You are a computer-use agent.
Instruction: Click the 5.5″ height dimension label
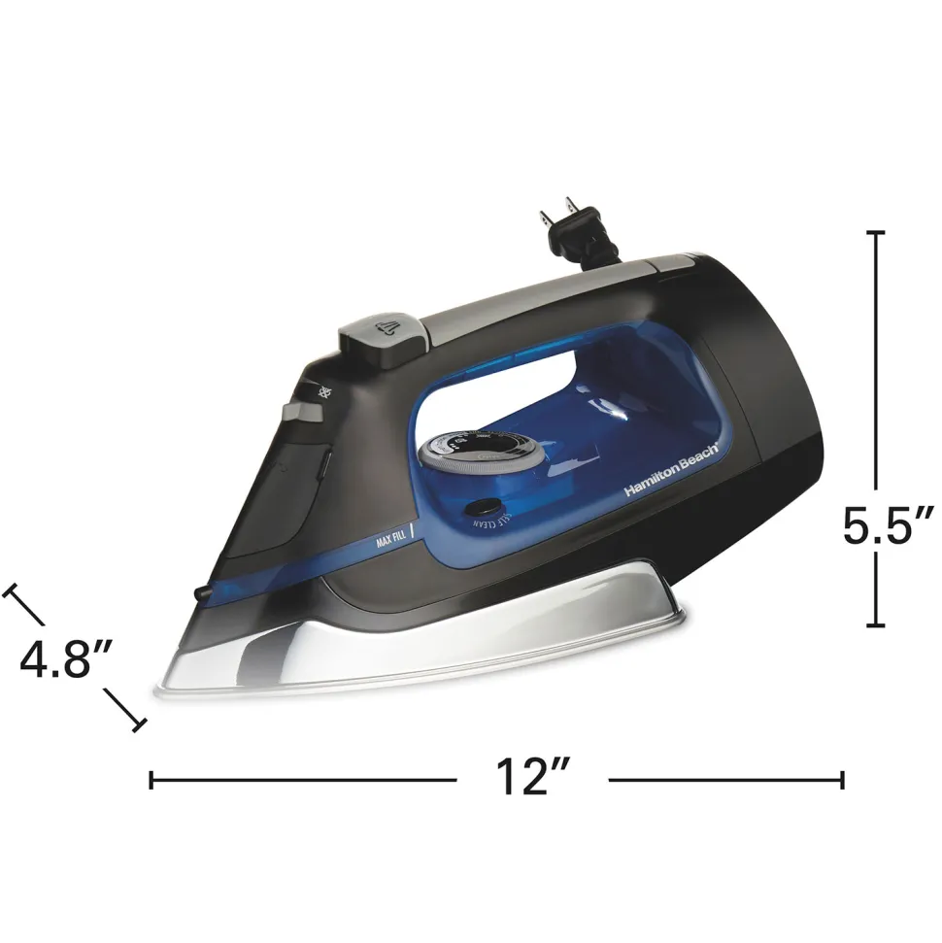(x=888, y=526)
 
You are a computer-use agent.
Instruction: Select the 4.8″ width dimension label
(x=68, y=660)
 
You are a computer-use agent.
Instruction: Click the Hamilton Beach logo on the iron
(x=671, y=470)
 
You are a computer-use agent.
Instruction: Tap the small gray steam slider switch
(x=303, y=412)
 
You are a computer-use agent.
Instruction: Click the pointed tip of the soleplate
(x=158, y=691)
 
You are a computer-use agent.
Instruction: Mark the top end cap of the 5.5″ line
(x=876, y=233)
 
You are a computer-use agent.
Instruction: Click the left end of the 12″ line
(x=151, y=779)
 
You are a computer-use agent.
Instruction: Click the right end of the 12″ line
(x=842, y=779)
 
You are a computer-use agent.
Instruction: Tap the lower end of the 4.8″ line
(x=138, y=724)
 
